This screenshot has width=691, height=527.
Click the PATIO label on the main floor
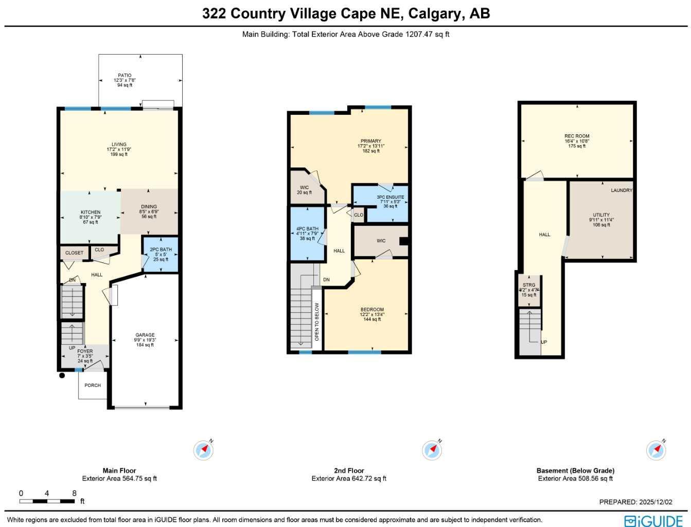[125, 76]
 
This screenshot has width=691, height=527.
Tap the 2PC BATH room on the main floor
[161, 254]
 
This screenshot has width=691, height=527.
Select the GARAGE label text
[145, 335]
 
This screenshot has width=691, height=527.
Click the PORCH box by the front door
[93, 385]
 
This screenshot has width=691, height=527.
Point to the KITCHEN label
[91, 212]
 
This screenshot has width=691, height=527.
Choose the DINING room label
[149, 206]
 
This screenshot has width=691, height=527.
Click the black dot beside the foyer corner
[62, 376]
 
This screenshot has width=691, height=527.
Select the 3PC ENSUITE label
[391, 197]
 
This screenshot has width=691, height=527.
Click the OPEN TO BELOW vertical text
[317, 322]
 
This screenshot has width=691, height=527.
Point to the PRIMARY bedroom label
[371, 141]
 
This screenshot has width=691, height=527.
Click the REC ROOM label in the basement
[577, 136]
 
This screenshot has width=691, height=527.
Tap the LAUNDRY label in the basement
[622, 190]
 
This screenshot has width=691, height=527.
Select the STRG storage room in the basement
[529, 290]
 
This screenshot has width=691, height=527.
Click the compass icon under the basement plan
[656, 450]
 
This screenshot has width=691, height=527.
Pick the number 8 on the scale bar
[74, 493]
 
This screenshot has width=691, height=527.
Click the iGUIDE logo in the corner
[653, 520]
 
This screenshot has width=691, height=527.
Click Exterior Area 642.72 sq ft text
[349, 479]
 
